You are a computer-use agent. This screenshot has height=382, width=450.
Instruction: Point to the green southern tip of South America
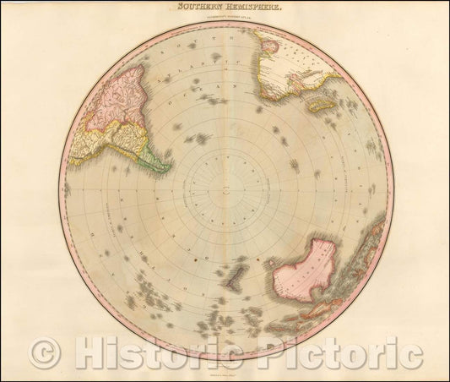[x=154, y=156]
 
